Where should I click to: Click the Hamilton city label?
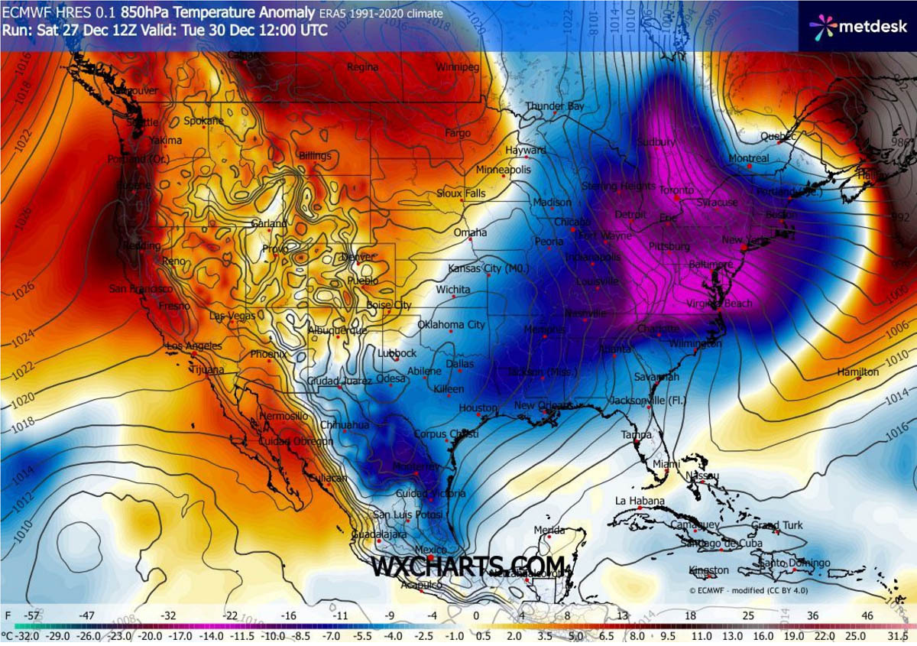coord(858,372)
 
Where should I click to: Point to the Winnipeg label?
coord(457,67)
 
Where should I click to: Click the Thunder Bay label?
coord(554,106)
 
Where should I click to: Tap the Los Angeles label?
coord(193,346)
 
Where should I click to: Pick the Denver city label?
coord(357,257)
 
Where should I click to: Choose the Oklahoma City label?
coord(451,325)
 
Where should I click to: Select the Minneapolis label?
coord(503,169)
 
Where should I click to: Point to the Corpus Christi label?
coord(446,434)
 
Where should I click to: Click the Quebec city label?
coord(778,136)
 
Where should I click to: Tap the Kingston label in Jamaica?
coord(709,570)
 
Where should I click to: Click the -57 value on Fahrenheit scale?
coord(31,615)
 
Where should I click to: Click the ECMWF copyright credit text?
coord(748,590)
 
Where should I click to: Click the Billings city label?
coord(315,156)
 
